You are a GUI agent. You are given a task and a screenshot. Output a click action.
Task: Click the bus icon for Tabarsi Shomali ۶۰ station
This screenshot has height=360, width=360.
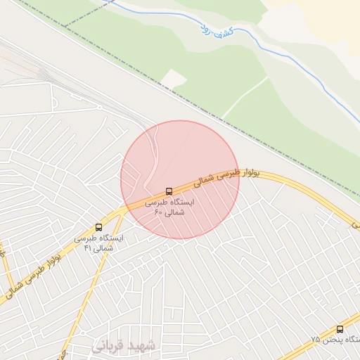pyautogui.click(x=168, y=191)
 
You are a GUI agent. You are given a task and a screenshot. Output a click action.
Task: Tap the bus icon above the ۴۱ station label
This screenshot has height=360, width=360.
pyautogui.click(x=98, y=227)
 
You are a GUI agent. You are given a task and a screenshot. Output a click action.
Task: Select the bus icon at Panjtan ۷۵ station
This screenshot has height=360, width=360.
pyautogui.click(x=340, y=329)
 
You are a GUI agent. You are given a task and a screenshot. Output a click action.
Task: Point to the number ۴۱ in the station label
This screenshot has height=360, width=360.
pyautogui.click(x=88, y=248)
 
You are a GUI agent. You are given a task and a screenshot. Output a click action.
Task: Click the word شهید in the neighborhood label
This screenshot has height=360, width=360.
pyautogui.click(x=143, y=347)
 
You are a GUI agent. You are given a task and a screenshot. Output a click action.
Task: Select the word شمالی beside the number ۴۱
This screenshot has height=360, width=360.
pyautogui.click(x=103, y=248)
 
